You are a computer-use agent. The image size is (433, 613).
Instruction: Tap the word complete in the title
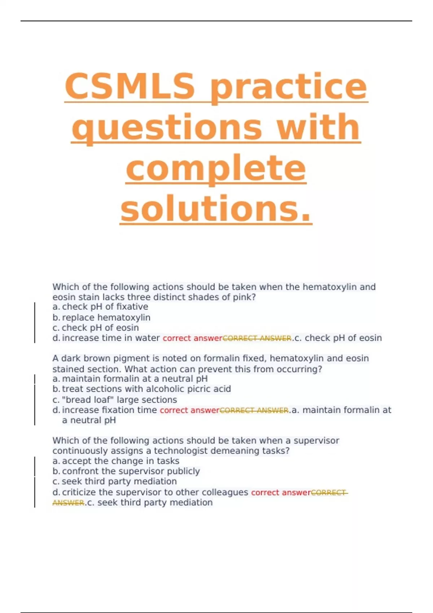[216, 168]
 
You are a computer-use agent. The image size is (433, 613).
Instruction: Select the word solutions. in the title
[216, 209]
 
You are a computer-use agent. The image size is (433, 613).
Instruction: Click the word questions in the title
[166, 127]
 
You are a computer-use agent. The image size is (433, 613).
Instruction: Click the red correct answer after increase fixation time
[189, 410]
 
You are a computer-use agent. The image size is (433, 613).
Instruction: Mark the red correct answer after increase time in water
[192, 338]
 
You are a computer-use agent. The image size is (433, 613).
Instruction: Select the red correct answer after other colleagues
[281, 493]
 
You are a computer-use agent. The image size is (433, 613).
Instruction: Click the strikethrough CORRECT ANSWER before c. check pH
[257, 338]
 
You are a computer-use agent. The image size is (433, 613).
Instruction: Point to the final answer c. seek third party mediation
[150, 503]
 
